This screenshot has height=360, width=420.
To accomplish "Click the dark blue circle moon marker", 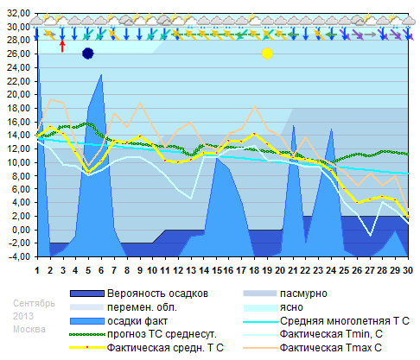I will point(87,54).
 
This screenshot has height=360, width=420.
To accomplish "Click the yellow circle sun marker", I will point(267,54).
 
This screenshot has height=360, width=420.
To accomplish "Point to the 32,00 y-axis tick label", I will point(17,13).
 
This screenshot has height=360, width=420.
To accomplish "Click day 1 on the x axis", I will point(37,269).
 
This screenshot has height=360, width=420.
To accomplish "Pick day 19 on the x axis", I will point(267,269).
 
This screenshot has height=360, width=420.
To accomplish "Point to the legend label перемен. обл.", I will point(138,307).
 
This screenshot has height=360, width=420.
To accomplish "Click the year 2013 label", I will point(25,317).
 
